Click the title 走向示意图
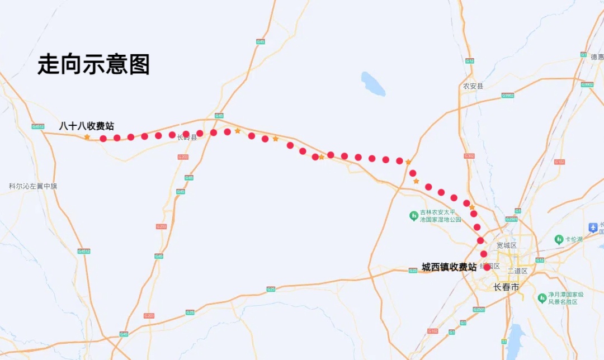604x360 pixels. pyautogui.click(x=93, y=65)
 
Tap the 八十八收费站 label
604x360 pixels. pyautogui.click(x=86, y=126)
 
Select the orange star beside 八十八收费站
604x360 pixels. pyautogui.click(x=87, y=137)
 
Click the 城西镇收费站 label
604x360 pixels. pyautogui.click(x=449, y=267)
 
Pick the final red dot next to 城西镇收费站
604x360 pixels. pyautogui.click(x=487, y=267)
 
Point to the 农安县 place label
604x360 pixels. pyautogui.click(x=473, y=86)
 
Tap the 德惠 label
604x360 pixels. pyautogui.click(x=597, y=56)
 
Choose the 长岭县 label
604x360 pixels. pyautogui.click(x=187, y=138)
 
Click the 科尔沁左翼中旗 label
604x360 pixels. pyautogui.click(x=33, y=186)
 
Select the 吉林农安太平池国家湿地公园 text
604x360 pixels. pyautogui.click(x=441, y=216)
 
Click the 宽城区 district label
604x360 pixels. pyautogui.click(x=507, y=245)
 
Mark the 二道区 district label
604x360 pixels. pyautogui.click(x=517, y=271)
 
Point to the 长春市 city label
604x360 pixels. pyautogui.click(x=506, y=287)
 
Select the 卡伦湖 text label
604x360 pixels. pyautogui.click(x=573, y=239)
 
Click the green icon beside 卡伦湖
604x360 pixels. pyautogui.click(x=558, y=239)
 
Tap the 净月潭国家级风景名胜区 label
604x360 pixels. pyautogui.click(x=565, y=298)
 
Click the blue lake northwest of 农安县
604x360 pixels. pyautogui.click(x=373, y=83)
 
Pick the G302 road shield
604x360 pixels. pyautogui.click(x=469, y=156)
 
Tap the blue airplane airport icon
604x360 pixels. pyautogui.click(x=593, y=228)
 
